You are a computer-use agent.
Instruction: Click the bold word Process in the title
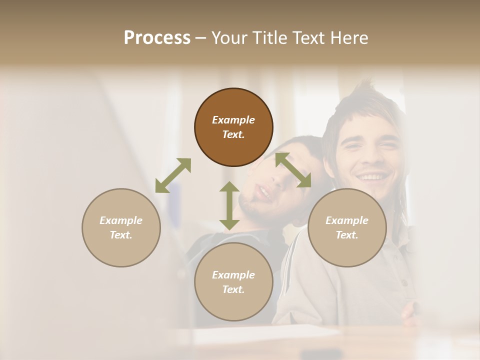tap(157, 38)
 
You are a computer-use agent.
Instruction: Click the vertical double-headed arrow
tap(229, 205)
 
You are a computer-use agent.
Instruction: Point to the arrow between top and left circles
tap(173, 175)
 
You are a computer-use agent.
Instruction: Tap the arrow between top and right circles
tap(293, 170)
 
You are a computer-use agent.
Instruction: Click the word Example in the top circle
tap(233, 120)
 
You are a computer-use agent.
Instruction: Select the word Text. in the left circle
tap(121, 235)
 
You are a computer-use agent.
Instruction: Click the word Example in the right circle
tap(347, 220)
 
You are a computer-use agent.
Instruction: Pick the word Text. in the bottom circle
tap(233, 289)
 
